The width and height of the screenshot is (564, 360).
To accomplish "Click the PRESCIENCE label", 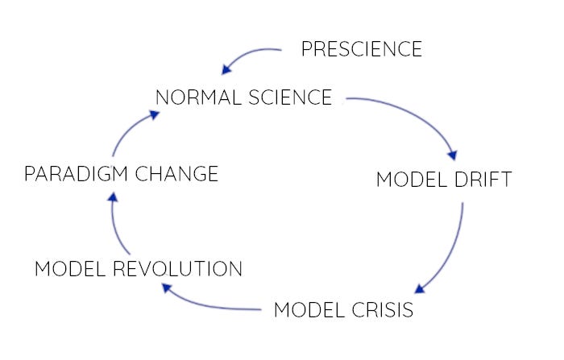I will (361, 49).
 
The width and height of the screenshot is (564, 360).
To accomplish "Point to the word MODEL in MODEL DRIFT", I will (409, 179).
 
